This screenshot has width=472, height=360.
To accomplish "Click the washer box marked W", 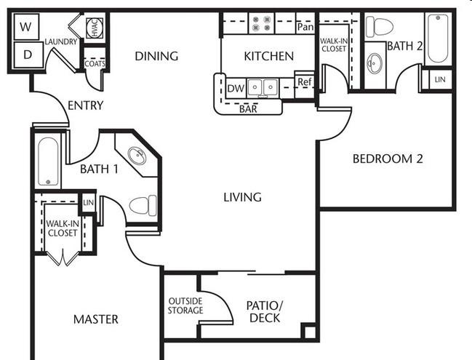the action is click(26, 26).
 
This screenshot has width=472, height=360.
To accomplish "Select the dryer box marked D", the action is click(28, 55).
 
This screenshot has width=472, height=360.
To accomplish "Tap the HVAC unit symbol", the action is click(95, 28).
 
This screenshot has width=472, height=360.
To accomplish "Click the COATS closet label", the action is click(95, 64).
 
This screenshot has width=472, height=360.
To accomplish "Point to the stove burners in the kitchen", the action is click(261, 23).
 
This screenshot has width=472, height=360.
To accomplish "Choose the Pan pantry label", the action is click(305, 27).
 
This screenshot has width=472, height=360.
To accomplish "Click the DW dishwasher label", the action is click(236, 89).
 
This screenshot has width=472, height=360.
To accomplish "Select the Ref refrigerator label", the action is click(304, 81).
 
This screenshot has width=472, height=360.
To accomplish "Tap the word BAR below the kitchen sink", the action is click(248, 109).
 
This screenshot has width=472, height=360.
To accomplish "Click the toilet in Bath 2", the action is click(379, 27).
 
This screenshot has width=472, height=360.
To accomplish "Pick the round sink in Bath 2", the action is click(375, 63).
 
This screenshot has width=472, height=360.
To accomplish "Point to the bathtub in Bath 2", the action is click(438, 38).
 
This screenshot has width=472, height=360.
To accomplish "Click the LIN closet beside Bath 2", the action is click(440, 79).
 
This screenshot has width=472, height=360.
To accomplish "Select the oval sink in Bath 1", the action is click(137, 156).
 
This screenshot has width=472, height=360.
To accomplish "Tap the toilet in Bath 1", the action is click(143, 205).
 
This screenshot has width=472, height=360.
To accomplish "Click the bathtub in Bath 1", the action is click(48, 161).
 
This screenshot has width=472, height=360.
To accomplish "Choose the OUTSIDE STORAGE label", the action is click(185, 306).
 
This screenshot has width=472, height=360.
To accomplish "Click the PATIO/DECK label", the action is click(265, 311).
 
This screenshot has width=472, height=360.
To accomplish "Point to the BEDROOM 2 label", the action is click(388, 159).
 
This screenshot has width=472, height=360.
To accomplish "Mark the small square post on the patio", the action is click(310, 332).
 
